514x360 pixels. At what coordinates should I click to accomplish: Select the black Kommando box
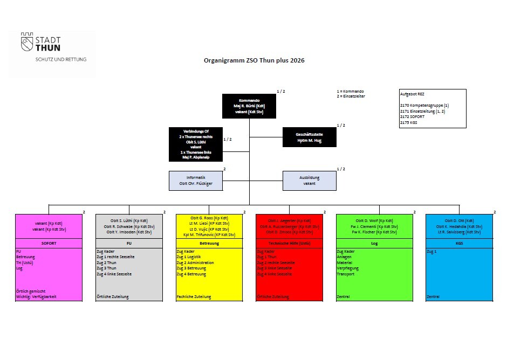[249, 106]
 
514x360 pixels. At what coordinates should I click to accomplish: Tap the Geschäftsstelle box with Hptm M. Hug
[309, 137]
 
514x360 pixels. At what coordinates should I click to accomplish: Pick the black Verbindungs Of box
[195, 144]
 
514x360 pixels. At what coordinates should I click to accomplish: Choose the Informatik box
[195, 181]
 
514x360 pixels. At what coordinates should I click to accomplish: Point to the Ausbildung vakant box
[309, 181]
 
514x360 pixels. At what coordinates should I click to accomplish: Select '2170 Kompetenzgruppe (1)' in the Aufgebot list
[424, 105]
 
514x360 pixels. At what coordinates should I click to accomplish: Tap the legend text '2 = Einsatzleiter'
[351, 96]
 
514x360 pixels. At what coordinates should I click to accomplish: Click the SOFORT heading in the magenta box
[49, 243]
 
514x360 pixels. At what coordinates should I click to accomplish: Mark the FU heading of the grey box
[129, 243]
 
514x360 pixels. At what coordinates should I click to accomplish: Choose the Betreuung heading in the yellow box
[209, 243]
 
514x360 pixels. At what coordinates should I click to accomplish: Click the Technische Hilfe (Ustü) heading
[289, 243]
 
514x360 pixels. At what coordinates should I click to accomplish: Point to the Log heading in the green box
[374, 243]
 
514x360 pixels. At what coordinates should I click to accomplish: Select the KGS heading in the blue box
[459, 243]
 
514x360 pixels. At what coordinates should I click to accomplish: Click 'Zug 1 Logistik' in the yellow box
[189, 257]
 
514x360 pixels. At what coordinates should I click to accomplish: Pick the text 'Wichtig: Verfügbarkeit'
[36, 296]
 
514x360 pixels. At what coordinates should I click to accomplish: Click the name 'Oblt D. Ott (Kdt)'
[459, 221]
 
